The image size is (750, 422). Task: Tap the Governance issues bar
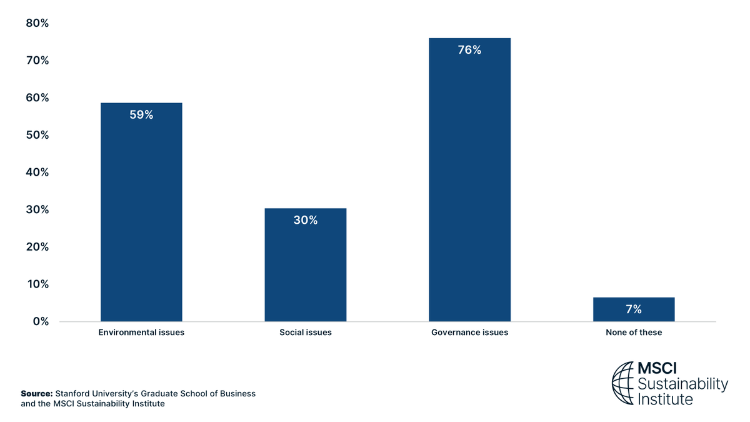click(x=469, y=188)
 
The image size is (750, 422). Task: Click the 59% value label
click(x=141, y=115)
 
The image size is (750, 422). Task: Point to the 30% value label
click(x=305, y=220)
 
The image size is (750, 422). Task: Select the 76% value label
click(x=469, y=50)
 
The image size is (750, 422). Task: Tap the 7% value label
click(x=633, y=309)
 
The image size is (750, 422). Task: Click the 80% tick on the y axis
click(x=37, y=23)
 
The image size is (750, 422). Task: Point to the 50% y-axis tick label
click(x=37, y=135)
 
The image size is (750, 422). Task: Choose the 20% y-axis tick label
click(x=37, y=247)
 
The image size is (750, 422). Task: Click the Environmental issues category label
click(x=141, y=333)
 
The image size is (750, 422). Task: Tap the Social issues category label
click(x=305, y=333)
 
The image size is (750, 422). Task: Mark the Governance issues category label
click(x=469, y=333)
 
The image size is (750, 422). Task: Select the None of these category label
click(x=633, y=333)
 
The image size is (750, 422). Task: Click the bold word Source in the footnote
click(x=36, y=394)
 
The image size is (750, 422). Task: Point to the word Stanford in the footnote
click(x=73, y=394)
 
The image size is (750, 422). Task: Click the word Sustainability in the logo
click(x=682, y=384)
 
